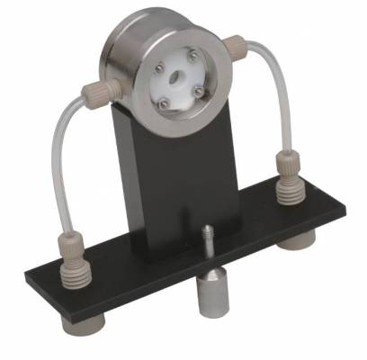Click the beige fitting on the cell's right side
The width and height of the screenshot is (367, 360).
click(x=237, y=42)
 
